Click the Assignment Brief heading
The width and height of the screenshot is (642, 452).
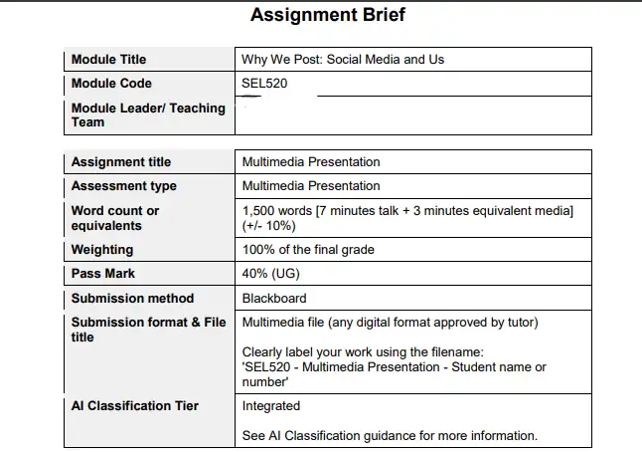[327, 15]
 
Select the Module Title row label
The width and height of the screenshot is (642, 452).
[108, 60]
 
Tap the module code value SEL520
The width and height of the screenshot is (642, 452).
[264, 84]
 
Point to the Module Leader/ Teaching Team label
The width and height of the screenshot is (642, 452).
[148, 114]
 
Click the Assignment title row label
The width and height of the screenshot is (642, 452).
[121, 162]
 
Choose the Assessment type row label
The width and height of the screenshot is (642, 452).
[124, 186]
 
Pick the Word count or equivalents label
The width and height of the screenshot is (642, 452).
[115, 218]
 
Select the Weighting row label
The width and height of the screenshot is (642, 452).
[102, 250]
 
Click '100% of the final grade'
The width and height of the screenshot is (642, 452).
[308, 250]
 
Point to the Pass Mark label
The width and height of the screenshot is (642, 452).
[103, 274]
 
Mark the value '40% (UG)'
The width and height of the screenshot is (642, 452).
[271, 274]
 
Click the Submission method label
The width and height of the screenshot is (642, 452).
[133, 299]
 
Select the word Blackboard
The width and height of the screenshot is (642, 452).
[274, 299]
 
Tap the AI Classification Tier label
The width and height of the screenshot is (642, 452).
[135, 406]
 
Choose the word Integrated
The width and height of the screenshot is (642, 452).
[271, 406]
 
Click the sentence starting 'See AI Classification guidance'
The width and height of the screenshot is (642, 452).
[390, 435]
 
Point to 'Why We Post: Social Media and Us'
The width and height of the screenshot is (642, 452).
[343, 60]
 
